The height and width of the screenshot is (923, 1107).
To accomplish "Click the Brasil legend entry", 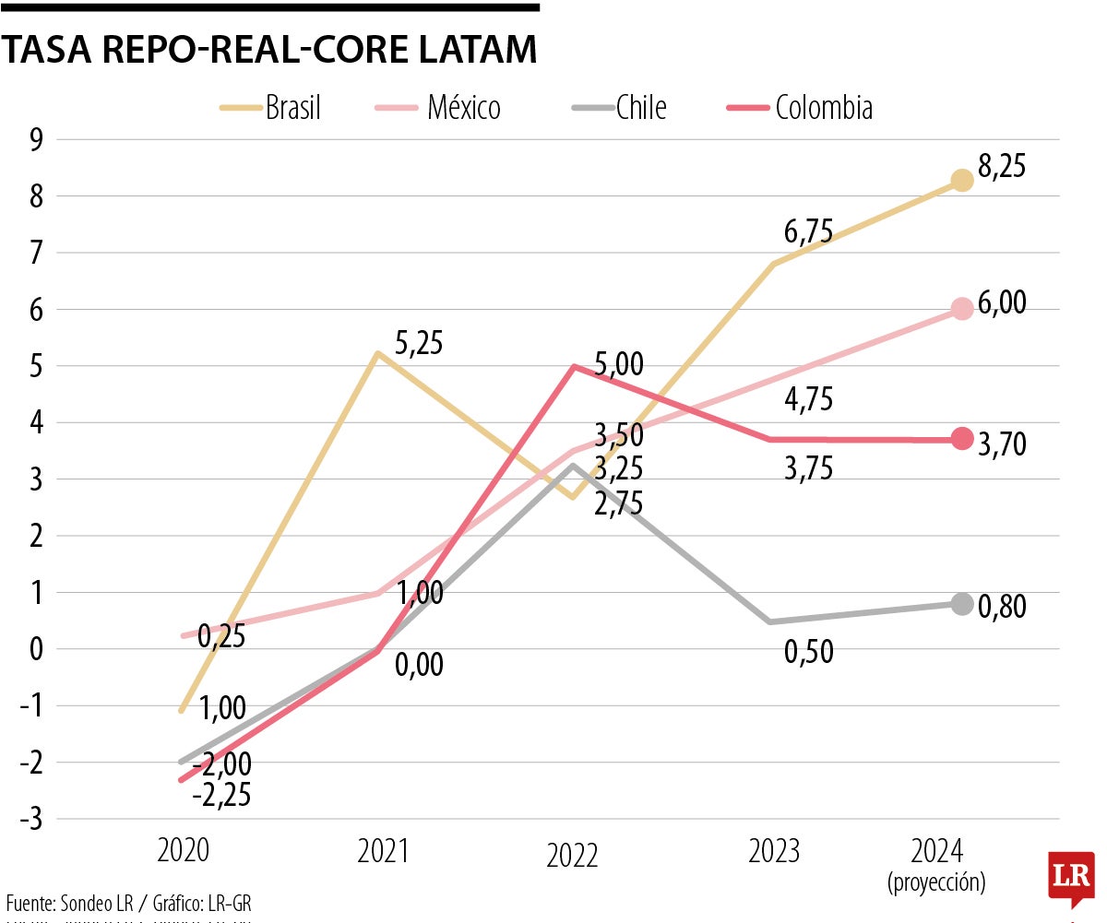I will pos(271,108).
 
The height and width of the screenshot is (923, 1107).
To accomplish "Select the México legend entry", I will pos(438,108).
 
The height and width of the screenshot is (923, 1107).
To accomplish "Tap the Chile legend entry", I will pos(619,108).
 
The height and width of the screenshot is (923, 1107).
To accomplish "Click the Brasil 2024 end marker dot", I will pos(962,180).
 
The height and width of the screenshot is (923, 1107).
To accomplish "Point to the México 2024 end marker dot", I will pos(962,309).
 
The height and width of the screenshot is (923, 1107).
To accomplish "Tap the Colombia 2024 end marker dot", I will pos(962,438).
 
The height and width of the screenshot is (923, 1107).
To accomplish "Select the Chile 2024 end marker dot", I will pos(962,604).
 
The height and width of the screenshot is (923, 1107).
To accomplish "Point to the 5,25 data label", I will pos(419,343).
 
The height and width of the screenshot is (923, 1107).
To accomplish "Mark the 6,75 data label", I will pos(808,232).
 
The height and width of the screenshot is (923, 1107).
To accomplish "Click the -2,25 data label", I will pos(221,794).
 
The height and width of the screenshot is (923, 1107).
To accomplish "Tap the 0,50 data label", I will pos(808,652).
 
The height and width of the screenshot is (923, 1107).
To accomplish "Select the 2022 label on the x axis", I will pos(572,855).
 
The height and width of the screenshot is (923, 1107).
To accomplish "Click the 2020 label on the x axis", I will pos(183,849).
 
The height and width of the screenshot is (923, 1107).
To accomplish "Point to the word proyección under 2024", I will pos(936,882).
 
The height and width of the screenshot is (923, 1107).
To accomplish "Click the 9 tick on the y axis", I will pos(37,140).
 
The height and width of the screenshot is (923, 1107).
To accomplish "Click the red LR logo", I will pos(1071,878).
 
